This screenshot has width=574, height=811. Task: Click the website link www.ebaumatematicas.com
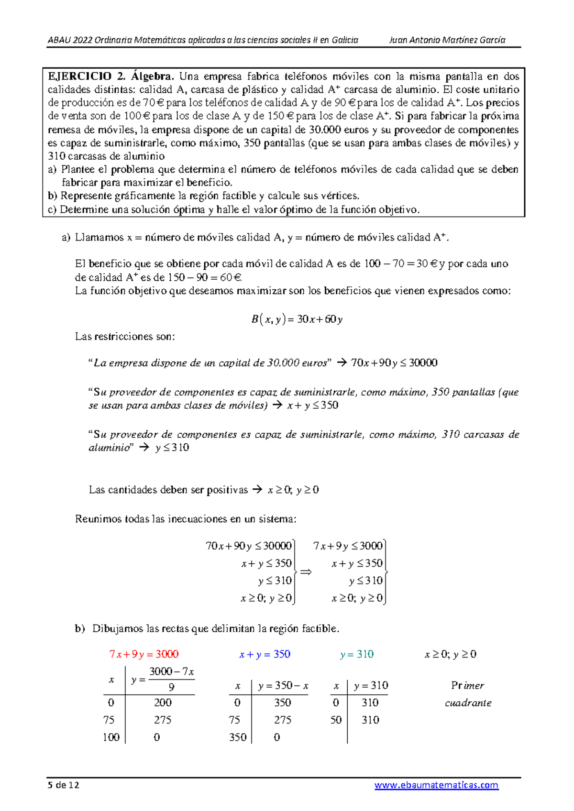point(436,785)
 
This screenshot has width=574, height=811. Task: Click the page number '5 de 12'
point(63,785)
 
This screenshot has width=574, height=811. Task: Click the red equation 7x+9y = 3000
point(144,654)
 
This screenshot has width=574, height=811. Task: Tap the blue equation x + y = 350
point(265,654)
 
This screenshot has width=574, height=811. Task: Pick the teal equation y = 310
point(357,654)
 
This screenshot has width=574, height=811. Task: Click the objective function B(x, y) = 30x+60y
point(297,319)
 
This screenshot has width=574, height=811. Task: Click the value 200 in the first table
point(163,702)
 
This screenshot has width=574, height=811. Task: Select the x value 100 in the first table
point(111,737)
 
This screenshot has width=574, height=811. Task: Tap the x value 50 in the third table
point(336,720)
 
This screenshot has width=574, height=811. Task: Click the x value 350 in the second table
point(238,737)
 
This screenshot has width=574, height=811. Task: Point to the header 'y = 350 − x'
point(283,686)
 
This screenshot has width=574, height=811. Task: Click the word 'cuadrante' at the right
point(468,703)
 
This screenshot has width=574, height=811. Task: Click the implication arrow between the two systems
point(306,572)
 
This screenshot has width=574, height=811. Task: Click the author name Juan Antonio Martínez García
point(447,40)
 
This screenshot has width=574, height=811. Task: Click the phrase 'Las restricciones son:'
point(125,337)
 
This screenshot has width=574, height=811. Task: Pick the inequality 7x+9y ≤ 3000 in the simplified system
point(348,546)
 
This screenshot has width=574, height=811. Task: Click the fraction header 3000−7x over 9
point(171,679)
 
